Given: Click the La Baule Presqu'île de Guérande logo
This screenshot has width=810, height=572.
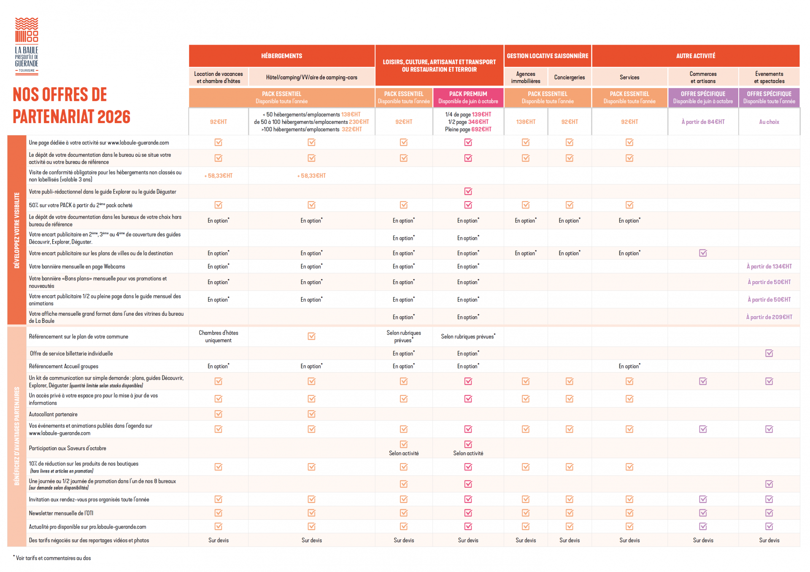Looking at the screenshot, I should point(27,46).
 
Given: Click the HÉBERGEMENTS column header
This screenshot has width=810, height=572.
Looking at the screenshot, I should point(281,56).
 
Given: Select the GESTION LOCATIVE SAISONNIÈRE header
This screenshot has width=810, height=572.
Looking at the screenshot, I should point(547,56).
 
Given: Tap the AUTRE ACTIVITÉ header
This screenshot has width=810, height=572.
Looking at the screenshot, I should point(695,56).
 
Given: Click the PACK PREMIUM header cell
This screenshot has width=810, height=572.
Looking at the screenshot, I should point(468,97).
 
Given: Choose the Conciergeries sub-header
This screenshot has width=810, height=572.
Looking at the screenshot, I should point(569,78).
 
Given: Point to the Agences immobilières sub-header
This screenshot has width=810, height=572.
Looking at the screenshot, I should point(525,78).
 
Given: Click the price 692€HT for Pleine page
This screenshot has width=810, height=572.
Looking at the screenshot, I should point(481,129).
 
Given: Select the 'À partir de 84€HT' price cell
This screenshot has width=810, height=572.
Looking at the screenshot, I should point(703,122).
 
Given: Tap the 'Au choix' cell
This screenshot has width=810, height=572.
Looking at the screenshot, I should point(769,122).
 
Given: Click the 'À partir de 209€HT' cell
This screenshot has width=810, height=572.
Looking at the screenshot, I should point(769,317).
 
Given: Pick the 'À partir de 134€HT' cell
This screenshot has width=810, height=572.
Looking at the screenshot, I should point(769,266).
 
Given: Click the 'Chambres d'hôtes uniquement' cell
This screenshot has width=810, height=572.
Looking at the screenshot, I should point(218,336).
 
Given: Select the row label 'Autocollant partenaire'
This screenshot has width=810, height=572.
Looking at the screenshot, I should point(53,414).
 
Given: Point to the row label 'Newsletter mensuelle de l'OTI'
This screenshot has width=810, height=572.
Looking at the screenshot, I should point(61,513).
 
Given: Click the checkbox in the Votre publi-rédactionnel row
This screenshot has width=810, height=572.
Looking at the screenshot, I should point(468,191).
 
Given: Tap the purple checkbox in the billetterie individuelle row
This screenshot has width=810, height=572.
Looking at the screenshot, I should point(769,353).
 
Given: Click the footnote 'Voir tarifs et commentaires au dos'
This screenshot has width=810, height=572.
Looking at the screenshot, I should point(53,558).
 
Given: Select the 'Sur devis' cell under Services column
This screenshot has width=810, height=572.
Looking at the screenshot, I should point(629,540).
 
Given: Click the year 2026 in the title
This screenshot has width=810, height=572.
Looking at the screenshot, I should point(113,117).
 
